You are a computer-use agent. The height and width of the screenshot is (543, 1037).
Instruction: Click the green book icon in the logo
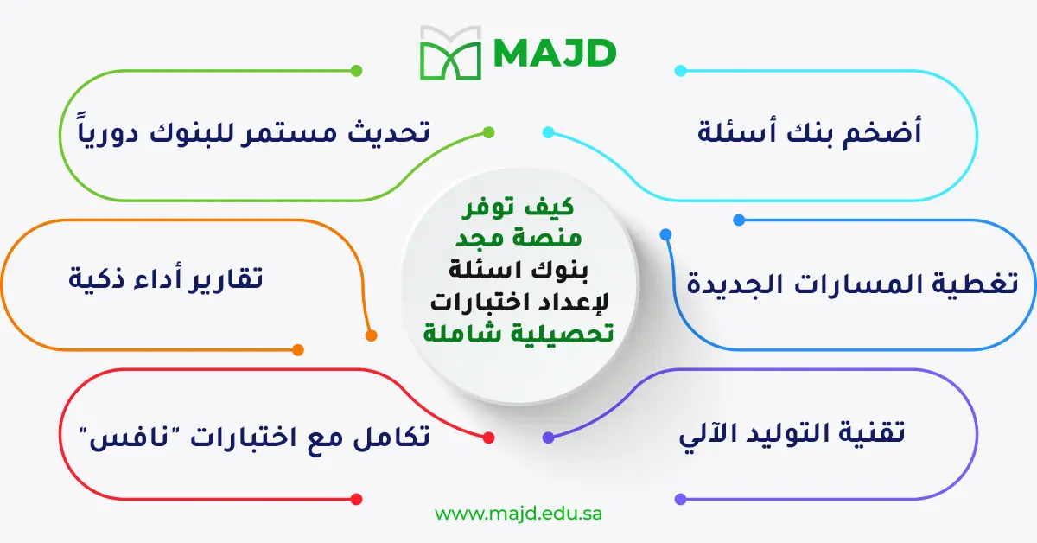point(449,53)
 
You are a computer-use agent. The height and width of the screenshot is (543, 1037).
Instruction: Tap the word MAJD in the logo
point(555,53)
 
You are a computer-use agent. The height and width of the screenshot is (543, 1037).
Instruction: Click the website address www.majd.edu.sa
point(518,513)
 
